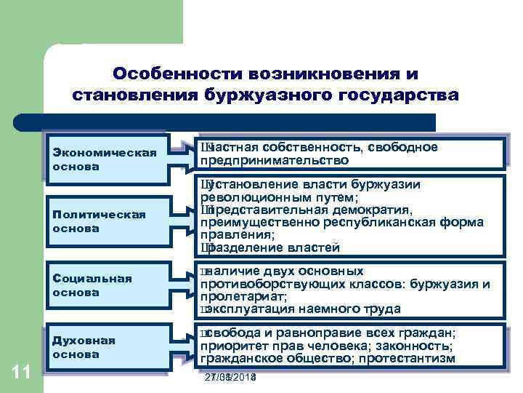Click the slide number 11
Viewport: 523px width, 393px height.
(x=21, y=373)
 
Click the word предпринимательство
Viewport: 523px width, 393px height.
(x=274, y=160)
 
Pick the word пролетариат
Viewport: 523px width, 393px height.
(x=242, y=296)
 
